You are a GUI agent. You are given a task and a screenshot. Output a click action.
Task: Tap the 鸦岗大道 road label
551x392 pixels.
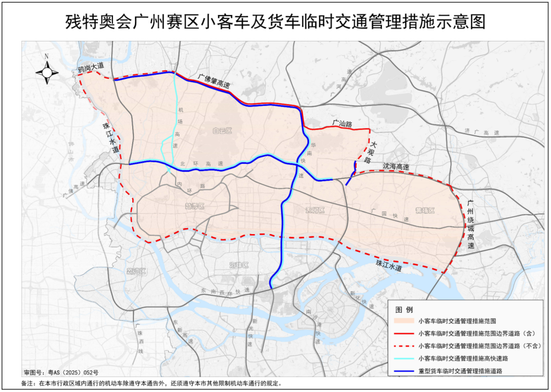pos(90,68)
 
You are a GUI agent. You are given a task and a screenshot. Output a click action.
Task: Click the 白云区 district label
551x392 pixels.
pos(222,131)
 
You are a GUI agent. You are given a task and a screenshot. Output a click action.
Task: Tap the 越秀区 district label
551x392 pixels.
pos(195,206)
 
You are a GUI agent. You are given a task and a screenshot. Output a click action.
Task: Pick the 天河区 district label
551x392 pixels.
pos(315,211)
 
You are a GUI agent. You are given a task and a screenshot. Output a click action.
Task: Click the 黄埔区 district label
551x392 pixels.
pos(425,211)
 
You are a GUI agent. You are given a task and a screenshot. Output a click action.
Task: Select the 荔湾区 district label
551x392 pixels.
pos(136,271)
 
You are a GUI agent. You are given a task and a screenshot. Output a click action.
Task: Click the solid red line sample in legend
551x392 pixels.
pos(404,333)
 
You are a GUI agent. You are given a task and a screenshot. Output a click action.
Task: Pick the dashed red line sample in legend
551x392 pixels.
pos(404,346)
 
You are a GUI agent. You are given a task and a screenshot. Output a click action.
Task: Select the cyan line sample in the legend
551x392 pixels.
pos(404,359)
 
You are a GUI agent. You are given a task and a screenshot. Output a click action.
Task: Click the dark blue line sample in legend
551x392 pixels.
pos(404,371)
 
